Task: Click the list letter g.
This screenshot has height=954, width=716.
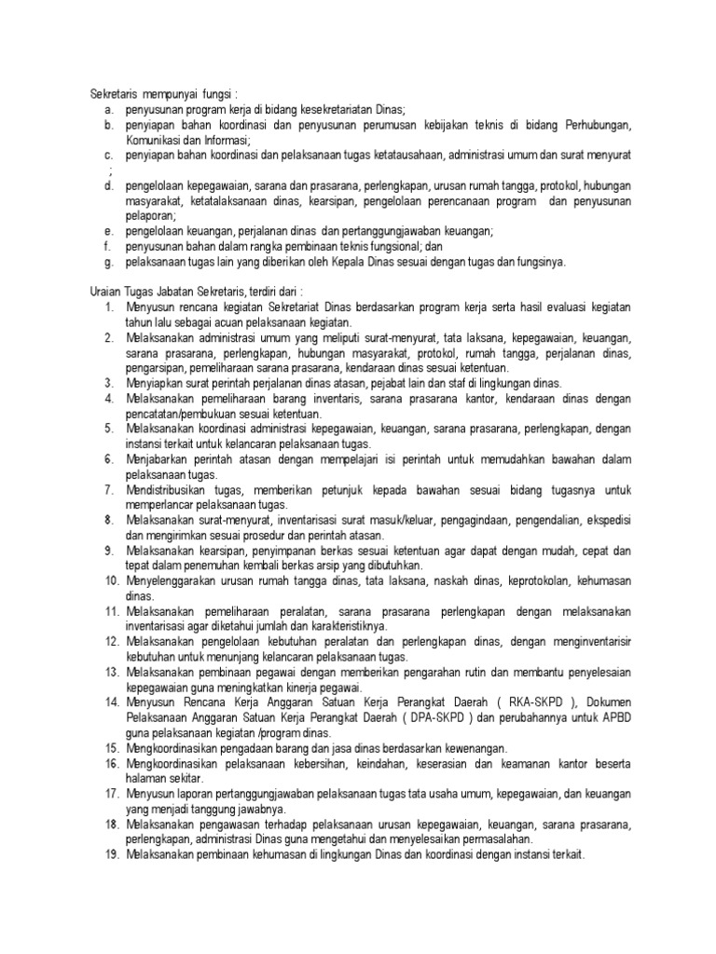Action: [108, 262]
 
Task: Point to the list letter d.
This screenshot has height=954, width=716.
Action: [108, 185]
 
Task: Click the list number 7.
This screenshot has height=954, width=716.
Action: [108, 489]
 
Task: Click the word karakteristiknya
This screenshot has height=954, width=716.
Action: [341, 626]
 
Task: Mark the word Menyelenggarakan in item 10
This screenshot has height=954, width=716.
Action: [172, 580]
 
